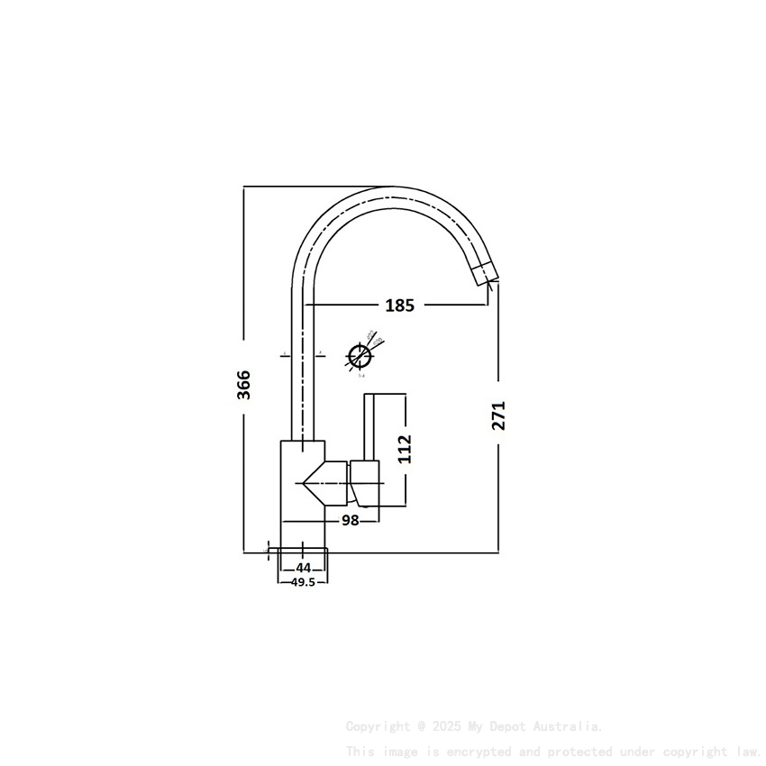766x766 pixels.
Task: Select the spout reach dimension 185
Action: point(399,305)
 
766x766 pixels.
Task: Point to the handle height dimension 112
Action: point(405,449)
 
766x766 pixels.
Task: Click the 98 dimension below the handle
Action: point(351,520)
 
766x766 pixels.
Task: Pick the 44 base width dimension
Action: point(303,568)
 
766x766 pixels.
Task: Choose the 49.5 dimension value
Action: point(303,582)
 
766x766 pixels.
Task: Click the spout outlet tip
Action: point(484,274)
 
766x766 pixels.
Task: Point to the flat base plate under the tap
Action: point(302,549)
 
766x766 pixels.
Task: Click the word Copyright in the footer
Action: point(377,726)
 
